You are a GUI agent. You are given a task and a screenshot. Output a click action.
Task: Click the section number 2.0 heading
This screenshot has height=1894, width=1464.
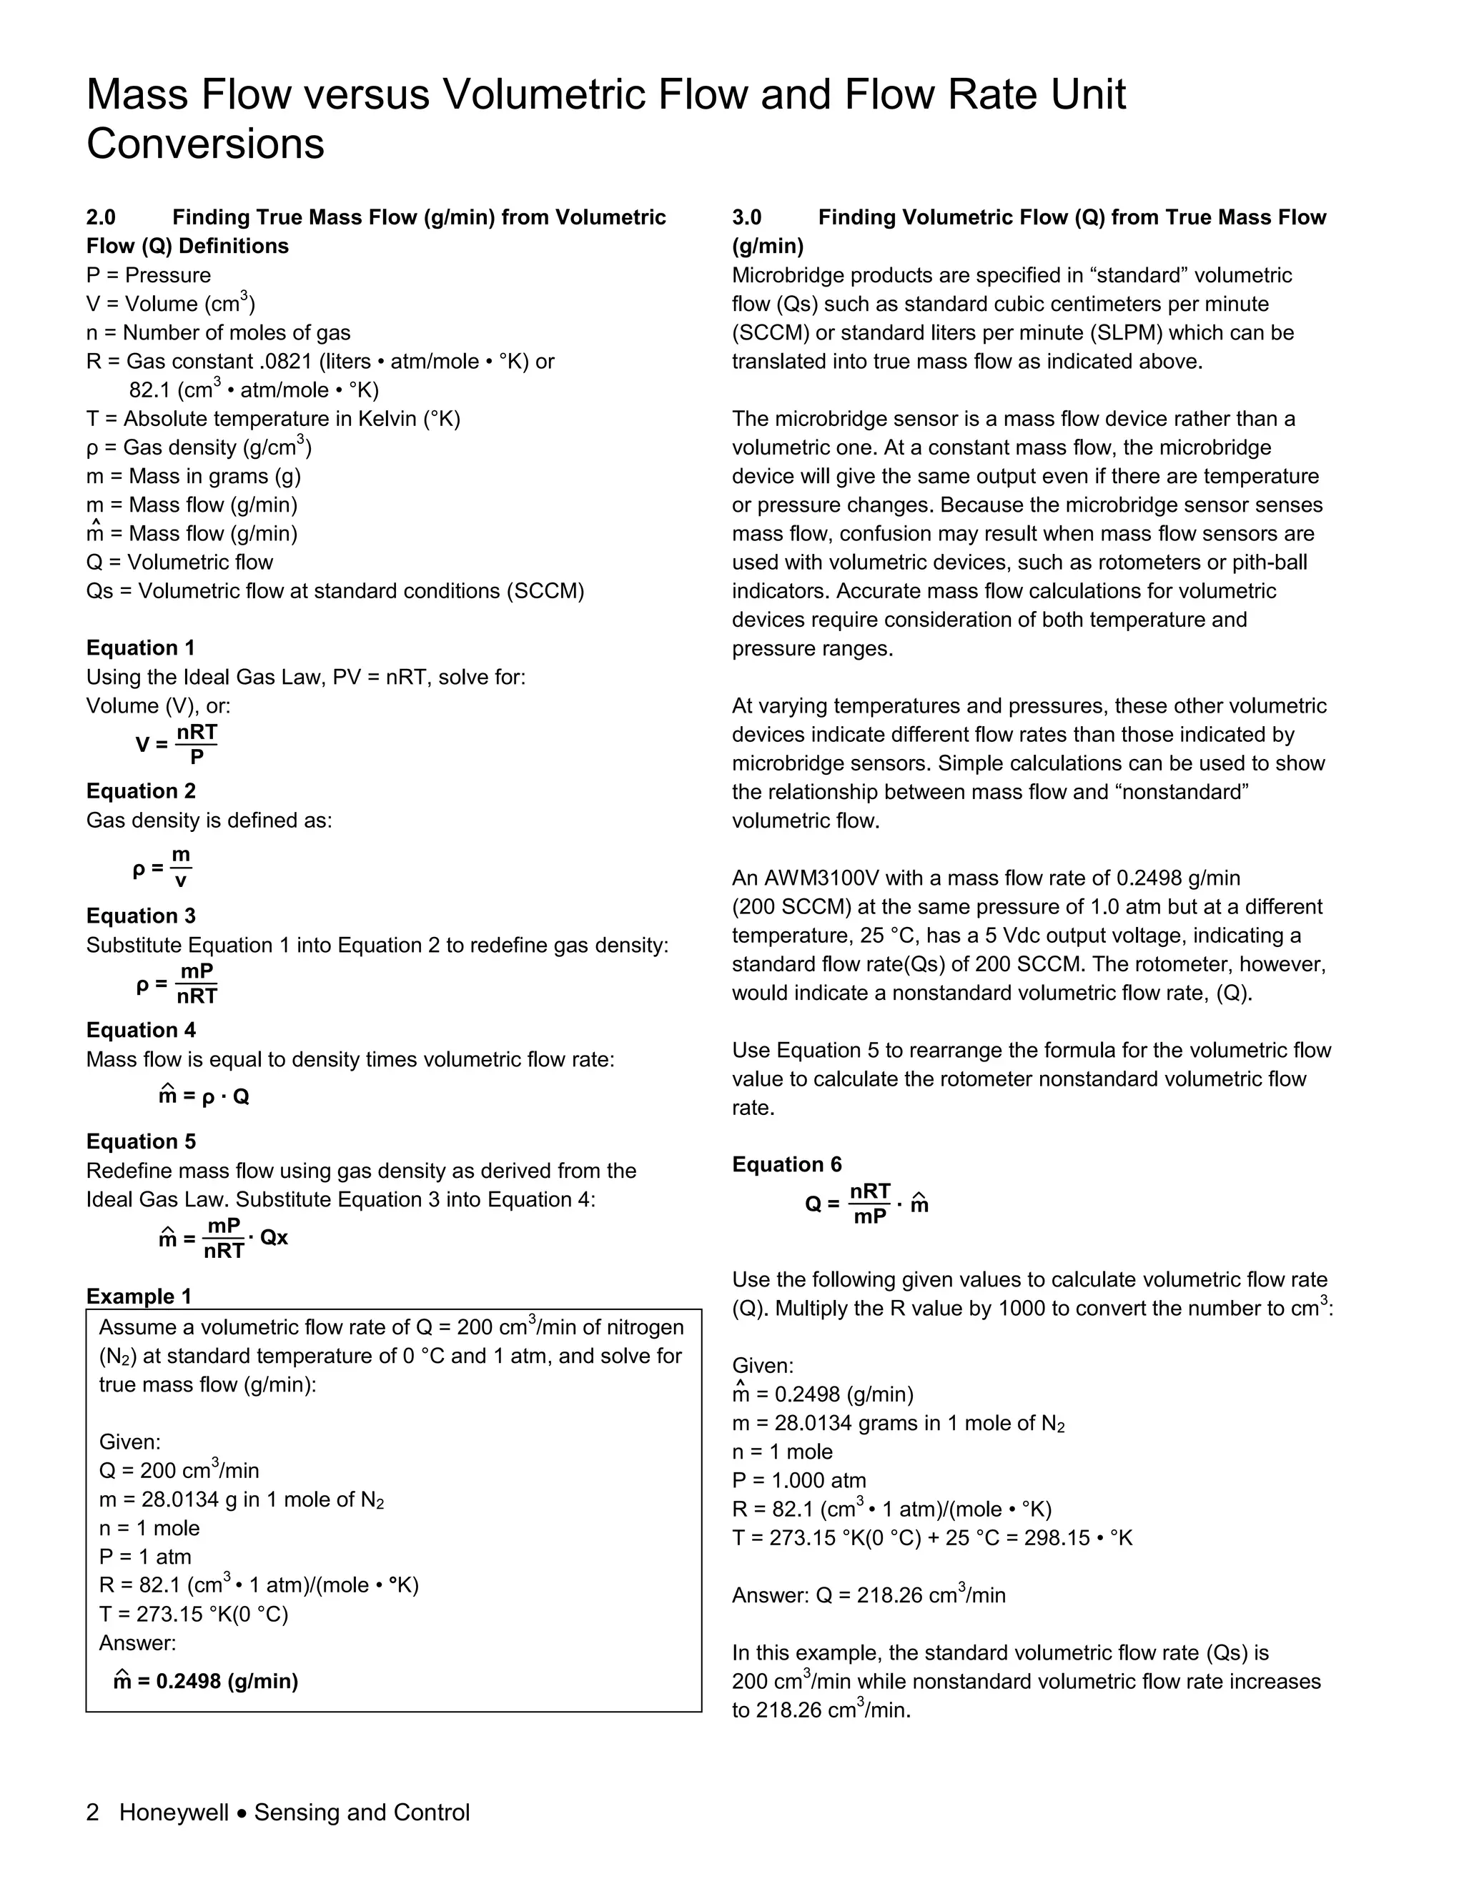[101, 218]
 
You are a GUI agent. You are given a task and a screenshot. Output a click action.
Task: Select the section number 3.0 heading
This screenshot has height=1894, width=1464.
[747, 218]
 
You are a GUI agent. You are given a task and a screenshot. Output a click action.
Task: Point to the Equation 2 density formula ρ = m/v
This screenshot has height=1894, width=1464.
[163, 867]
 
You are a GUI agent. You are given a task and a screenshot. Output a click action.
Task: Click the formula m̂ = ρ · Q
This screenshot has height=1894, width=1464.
[204, 1096]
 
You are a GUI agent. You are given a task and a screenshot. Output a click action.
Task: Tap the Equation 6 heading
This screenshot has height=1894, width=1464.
[786, 1165]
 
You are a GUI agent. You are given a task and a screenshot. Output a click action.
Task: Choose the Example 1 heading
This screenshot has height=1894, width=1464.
[139, 1296]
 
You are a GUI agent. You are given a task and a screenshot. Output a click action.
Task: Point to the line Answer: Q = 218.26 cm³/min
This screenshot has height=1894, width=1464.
[868, 1596]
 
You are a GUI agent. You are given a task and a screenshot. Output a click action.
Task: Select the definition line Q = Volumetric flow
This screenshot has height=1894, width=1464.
[179, 562]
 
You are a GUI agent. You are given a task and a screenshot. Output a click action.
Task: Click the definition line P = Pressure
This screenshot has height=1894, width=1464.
[148, 276]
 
